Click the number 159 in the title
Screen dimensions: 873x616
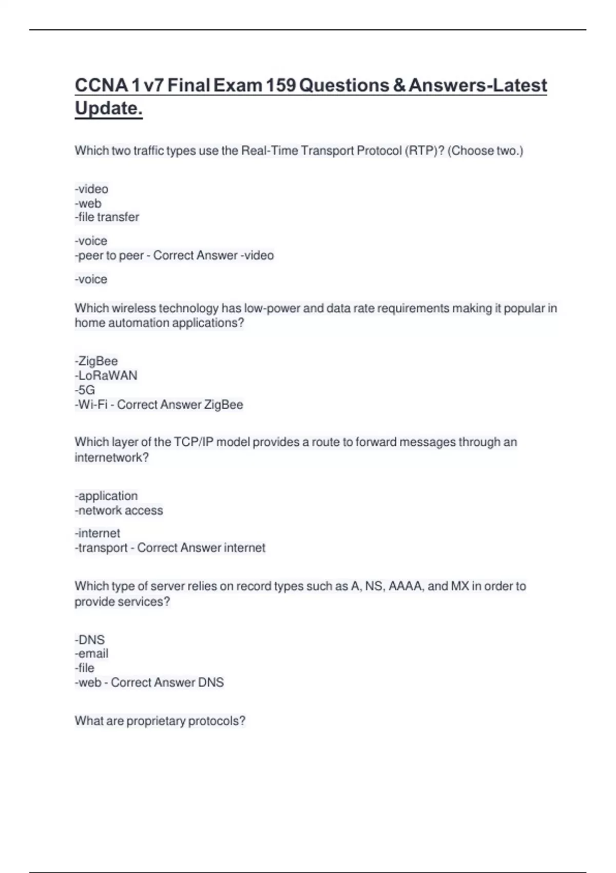coord(281,85)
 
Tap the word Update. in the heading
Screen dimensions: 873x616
coord(108,108)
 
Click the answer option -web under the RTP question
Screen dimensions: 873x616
coord(88,203)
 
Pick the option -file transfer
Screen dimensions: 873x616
coord(107,217)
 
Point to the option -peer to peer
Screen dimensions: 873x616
coord(109,256)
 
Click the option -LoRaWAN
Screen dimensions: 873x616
coord(106,376)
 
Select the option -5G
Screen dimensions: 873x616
coord(85,390)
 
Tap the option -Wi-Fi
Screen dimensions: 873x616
coord(91,405)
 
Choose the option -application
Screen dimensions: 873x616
coord(106,496)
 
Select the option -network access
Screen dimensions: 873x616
coord(119,510)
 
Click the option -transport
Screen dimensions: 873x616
coord(101,548)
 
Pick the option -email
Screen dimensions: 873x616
coord(91,654)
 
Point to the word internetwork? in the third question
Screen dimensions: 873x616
coord(111,458)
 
